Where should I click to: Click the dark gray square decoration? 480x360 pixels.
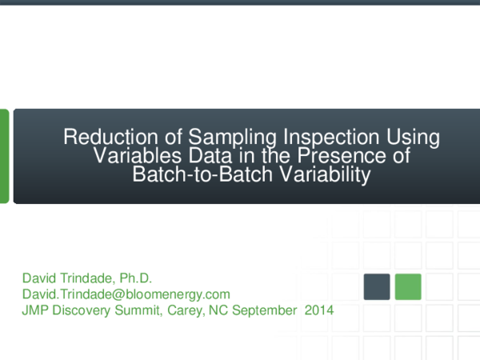pos(377,286)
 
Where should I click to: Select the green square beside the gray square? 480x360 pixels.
pos(408,286)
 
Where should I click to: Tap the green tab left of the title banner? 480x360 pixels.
pos(4,156)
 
